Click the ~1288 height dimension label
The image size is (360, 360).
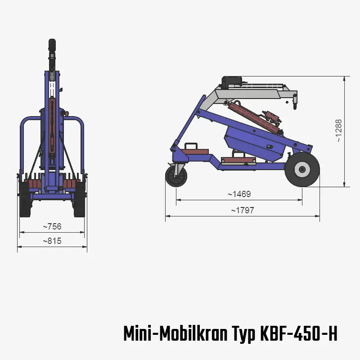coord(339,131)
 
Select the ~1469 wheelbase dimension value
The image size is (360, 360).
coord(239,194)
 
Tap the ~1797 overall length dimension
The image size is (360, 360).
coord(243,211)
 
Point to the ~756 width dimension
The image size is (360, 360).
coord(52,226)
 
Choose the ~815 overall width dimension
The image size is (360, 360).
coord(52,241)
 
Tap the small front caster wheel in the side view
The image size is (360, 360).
coord(176,176)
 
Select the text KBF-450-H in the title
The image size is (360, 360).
coord(298,334)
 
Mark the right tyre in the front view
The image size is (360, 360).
coord(80,200)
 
